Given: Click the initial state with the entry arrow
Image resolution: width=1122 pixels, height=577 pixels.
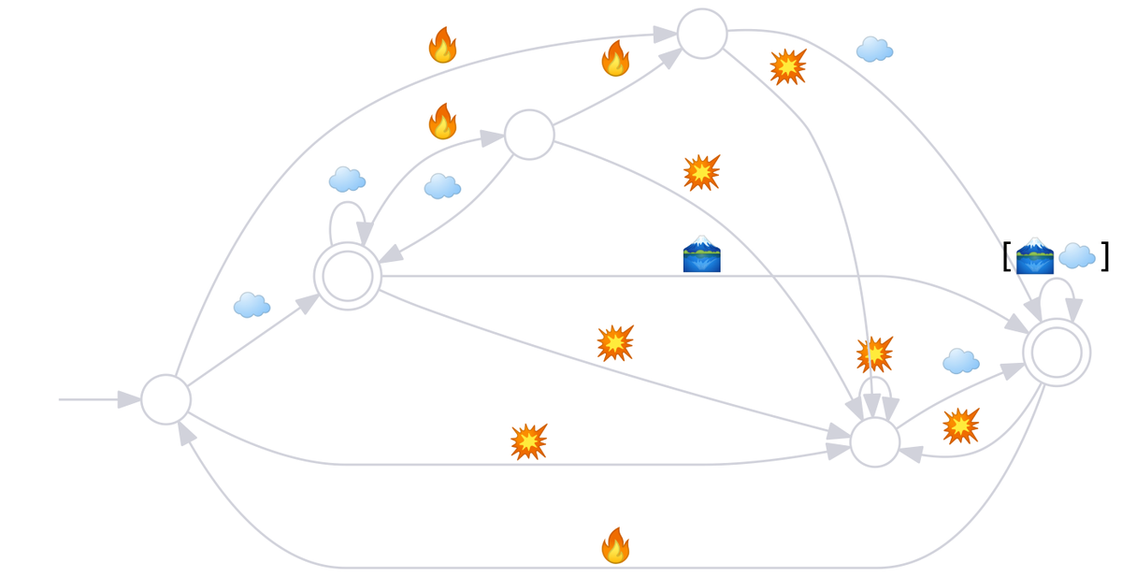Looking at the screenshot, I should coord(165,399).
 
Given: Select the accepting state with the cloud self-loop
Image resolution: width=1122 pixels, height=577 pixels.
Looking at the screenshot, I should coord(347,276).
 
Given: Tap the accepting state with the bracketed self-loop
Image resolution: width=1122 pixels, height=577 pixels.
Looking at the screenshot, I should coord(1057,353).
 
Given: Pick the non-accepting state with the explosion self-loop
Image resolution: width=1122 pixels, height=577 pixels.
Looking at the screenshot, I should coord(874,442).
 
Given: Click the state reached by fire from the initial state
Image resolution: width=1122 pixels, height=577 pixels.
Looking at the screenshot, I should coord(701,34).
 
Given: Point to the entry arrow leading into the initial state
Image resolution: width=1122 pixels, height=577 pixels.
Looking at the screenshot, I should coord(93,399).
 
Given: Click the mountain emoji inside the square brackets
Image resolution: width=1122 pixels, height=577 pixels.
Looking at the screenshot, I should coord(1034,255).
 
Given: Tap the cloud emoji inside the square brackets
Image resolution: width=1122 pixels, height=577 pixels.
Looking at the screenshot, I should coord(1076,255).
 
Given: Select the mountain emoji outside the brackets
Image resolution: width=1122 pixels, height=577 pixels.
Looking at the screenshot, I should coord(701,253).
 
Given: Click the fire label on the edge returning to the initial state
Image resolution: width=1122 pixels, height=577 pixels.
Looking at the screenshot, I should coord(614,545).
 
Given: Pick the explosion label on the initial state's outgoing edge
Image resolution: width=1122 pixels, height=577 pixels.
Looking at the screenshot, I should coord(528,441).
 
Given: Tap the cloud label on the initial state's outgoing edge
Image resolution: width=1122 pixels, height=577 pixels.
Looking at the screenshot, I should coord(251,305).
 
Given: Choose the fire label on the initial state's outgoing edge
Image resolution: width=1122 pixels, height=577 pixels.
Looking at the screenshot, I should coord(441,45).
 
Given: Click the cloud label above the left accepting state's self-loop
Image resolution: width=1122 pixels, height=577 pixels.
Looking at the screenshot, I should coord(346,179).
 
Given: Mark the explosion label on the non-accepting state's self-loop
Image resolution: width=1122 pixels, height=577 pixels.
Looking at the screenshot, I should coord(874,354).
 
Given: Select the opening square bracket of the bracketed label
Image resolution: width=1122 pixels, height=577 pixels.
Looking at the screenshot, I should coord(1007,255).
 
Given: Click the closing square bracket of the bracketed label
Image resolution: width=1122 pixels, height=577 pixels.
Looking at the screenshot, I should coord(1104,255).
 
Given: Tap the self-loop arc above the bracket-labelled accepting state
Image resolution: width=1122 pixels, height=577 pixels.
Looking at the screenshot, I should coord(1057,281).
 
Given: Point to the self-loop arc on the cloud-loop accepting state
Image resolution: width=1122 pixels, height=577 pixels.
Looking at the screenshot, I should coord(347,204).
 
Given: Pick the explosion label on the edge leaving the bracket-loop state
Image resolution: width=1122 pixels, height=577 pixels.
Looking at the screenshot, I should coord(960,426).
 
